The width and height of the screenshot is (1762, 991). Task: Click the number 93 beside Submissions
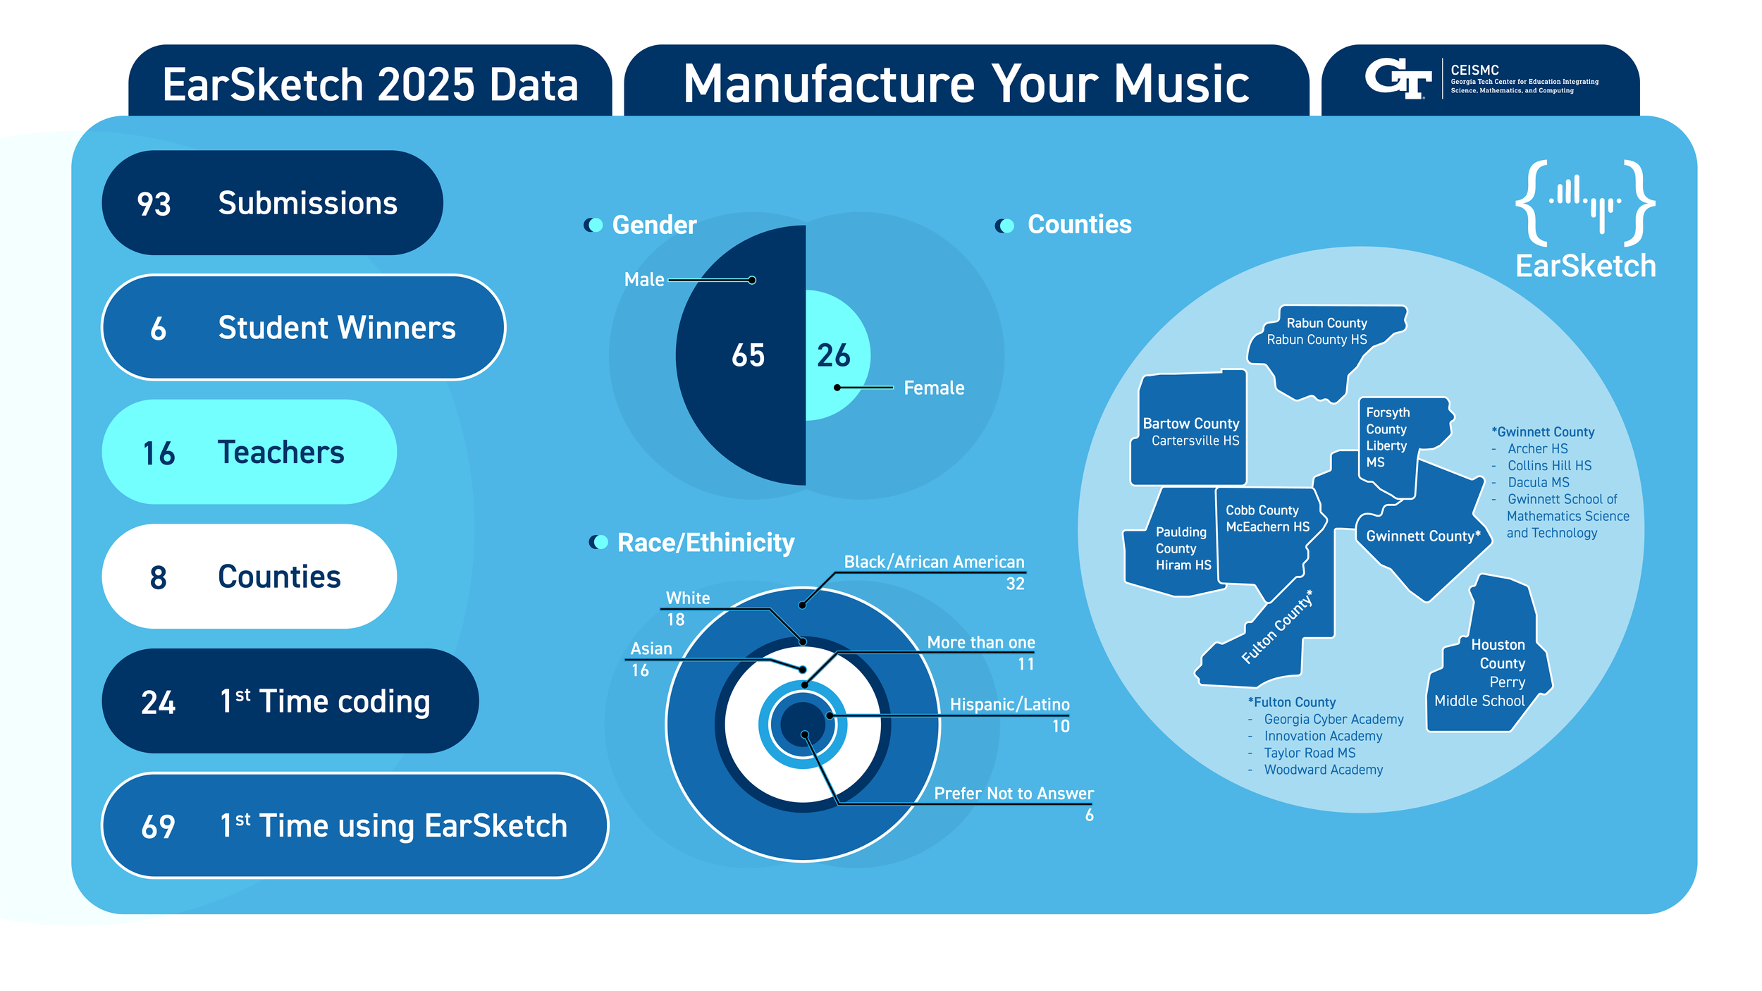pos(154,204)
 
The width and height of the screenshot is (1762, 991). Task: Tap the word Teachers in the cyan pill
pos(281,453)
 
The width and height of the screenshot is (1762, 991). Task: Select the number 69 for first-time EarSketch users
pos(158,827)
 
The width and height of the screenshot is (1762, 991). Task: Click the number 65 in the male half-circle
pos(748,355)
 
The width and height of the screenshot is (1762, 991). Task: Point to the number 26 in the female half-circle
pos(833,355)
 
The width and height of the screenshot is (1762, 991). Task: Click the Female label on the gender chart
pos(933,388)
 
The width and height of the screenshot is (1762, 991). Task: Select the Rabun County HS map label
pos(1317,340)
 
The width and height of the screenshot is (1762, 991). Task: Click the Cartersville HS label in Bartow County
pos(1195,441)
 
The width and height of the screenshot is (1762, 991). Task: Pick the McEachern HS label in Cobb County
pos(1267,527)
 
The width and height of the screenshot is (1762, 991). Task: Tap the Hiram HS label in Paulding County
pos(1183,565)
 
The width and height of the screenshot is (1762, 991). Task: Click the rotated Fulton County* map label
pos(1276,627)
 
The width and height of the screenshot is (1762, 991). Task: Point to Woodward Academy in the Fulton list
pos(1323,770)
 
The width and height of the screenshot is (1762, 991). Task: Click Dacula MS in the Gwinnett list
pos(1538,482)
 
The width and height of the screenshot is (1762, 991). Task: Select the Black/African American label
pos(933,562)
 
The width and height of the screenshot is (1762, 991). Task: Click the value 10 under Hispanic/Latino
pos(1060,727)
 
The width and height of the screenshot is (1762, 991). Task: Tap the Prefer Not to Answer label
pos(1013,794)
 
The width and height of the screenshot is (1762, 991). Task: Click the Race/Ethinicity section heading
pos(705,543)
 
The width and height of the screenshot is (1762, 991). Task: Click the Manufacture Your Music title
pos(966,84)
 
